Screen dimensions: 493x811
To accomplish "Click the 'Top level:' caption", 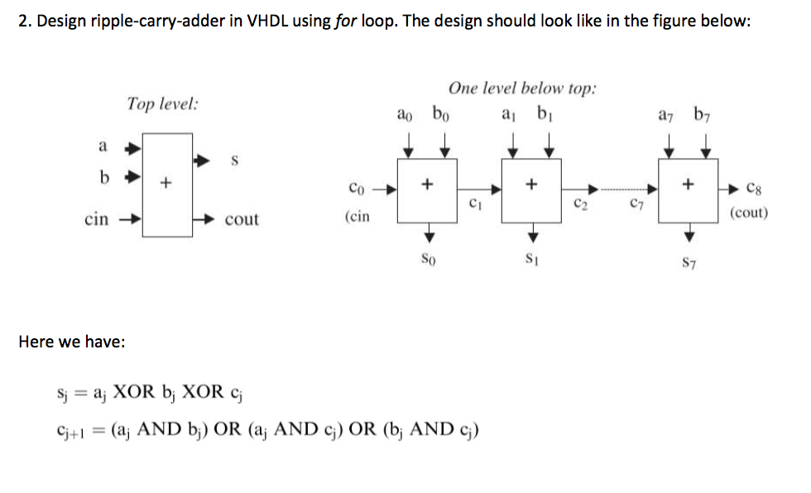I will tap(162, 104).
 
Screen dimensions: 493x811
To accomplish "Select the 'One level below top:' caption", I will tap(522, 89).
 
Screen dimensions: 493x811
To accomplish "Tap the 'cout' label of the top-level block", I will tap(242, 219).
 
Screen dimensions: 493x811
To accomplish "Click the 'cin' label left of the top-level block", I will tap(97, 218).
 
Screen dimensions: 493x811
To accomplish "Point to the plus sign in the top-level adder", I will tap(166, 180).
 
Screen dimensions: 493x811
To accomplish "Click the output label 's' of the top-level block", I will tap(234, 162).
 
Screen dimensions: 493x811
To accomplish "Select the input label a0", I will tap(405, 114).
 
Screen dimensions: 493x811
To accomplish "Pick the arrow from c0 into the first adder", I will tap(385, 189).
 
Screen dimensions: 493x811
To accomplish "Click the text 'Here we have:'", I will tap(72, 342).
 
